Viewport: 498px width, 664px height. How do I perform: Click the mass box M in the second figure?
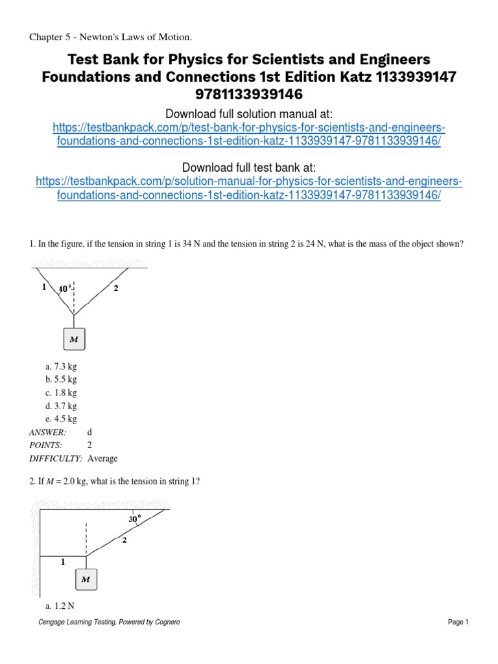86,579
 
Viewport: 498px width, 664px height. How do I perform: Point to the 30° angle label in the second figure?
135,519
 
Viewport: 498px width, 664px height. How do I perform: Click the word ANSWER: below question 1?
47,432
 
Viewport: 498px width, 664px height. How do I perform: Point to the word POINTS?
45,445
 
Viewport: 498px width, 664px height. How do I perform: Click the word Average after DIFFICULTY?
102,458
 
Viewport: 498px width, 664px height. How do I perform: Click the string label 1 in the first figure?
43,287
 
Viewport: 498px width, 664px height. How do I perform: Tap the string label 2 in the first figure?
115,289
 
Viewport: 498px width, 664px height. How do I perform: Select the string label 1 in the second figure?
62,563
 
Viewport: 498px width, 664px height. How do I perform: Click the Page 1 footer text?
457,622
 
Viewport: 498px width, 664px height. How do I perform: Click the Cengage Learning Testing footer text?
110,622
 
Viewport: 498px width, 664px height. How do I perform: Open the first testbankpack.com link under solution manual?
249,134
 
